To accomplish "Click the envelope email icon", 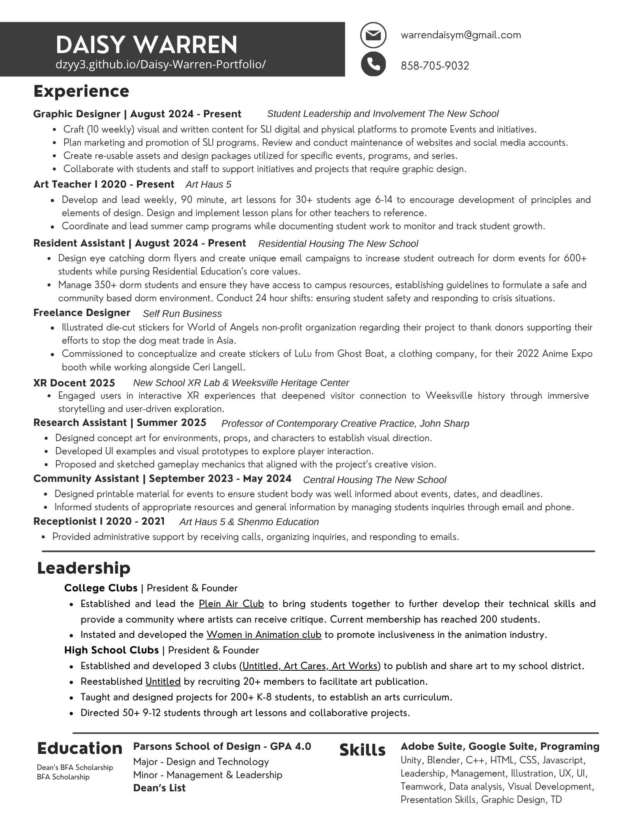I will point(373,35).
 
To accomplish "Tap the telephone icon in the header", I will point(373,64).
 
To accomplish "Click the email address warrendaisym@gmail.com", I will point(461,35).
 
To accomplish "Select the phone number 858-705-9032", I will point(435,66).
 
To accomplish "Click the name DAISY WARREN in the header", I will point(147,44).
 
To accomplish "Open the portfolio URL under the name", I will point(161,65).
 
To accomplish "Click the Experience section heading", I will point(81,91).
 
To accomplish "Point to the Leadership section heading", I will point(84,568).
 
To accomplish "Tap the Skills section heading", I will point(362,750).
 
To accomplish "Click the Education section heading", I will point(80,748).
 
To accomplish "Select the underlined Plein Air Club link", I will point(231,604).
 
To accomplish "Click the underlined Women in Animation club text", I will point(264,635).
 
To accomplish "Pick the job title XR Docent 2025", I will point(74,383).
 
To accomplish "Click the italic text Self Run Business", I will point(182,314).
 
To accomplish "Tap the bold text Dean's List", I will point(159,788).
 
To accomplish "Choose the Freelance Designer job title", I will point(82,313).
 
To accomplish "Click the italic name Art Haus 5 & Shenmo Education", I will point(249,522).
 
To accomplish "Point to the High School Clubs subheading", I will point(112,650).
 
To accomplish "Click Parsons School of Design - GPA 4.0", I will point(222,746).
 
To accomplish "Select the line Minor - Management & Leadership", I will point(207,775).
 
